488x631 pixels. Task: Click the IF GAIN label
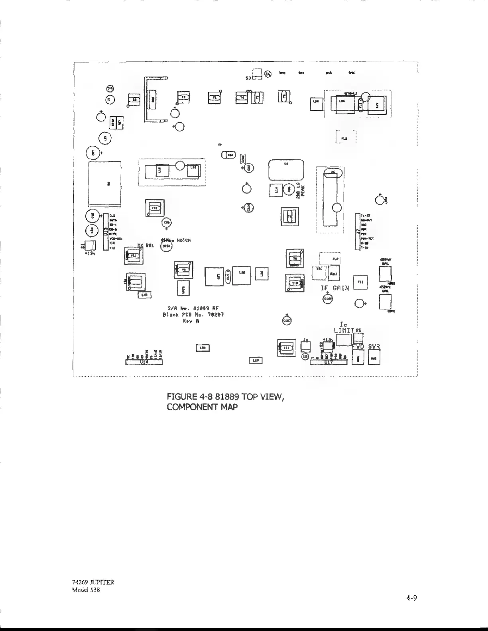pos(335,288)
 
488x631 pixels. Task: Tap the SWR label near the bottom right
pos(374,347)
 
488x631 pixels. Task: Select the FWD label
pos(358,347)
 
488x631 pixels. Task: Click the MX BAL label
pos(146,245)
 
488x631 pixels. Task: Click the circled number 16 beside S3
pos(268,74)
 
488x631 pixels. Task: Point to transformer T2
pos(135,100)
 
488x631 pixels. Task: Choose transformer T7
pos(183,97)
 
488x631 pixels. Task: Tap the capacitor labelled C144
pos(327,299)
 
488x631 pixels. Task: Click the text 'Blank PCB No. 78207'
pos(193,315)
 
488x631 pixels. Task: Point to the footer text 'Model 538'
pos(83,590)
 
